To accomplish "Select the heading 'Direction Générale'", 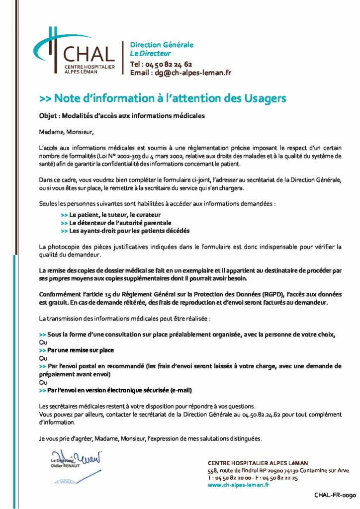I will [x=162, y=45].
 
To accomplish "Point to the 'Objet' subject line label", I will [x=48, y=116].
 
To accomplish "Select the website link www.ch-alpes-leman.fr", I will [x=238, y=485].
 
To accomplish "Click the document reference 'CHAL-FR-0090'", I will [x=335, y=496].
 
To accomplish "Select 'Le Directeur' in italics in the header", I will [x=150, y=53].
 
